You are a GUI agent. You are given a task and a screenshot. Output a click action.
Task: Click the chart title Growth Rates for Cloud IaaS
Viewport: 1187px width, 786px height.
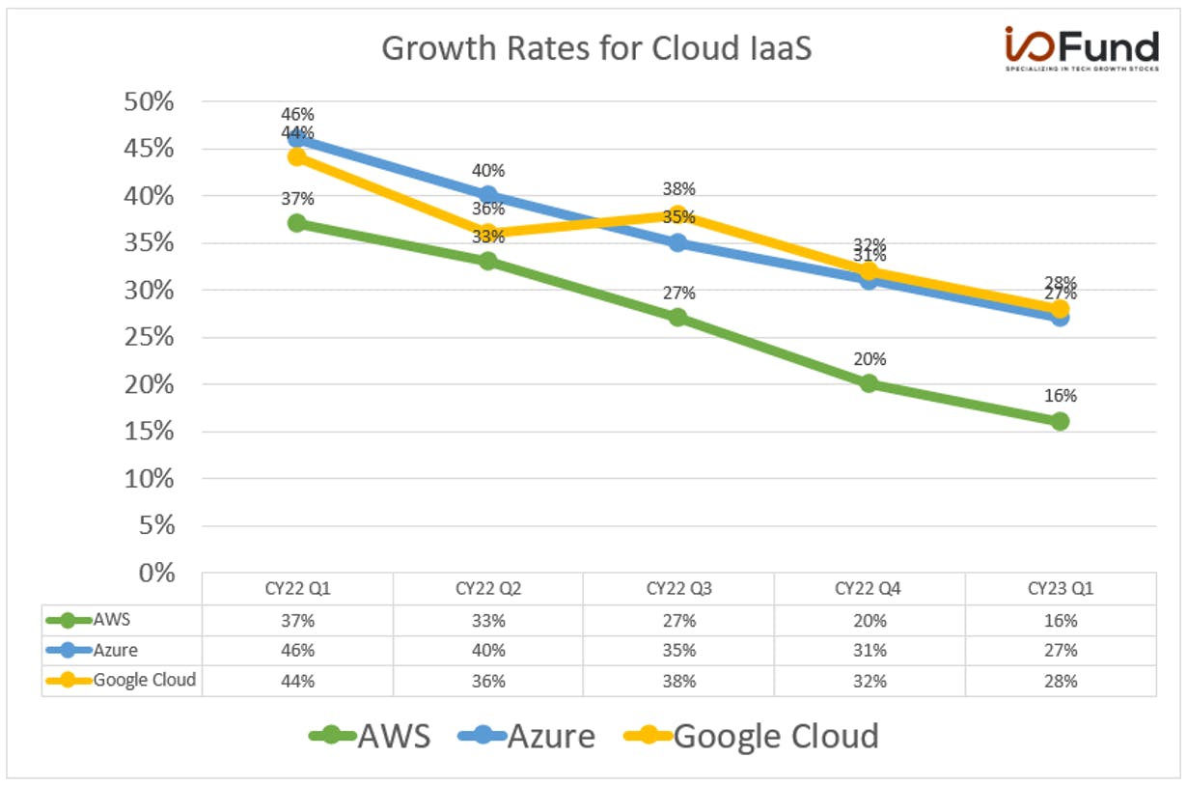pyautogui.click(x=596, y=48)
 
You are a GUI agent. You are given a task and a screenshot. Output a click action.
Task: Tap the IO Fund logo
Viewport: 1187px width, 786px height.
pyautogui.click(x=1082, y=48)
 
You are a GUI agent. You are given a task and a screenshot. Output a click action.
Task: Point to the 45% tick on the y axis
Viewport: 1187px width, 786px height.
pyautogui.click(x=149, y=148)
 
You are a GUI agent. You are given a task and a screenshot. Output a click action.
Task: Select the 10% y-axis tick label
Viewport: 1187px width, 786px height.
pyautogui.click(x=149, y=479)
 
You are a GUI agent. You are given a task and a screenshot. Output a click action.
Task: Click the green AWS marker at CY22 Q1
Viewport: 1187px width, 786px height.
pyautogui.click(x=297, y=223)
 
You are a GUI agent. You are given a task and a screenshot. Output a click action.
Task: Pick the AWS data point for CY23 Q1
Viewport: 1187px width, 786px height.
pyautogui.click(x=1060, y=422)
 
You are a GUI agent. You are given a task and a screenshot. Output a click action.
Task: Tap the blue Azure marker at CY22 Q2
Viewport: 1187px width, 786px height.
pyautogui.click(x=488, y=195)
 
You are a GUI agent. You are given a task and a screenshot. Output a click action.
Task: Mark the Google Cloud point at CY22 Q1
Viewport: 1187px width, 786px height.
pyautogui.click(x=297, y=157)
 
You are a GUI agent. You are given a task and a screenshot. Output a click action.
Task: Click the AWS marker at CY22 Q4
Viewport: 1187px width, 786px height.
pyautogui.click(x=870, y=383)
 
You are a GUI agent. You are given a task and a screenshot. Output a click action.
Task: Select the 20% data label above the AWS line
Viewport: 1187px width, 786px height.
pyautogui.click(x=870, y=359)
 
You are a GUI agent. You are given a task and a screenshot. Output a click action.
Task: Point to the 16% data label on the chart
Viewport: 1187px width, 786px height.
pyautogui.click(x=1061, y=396)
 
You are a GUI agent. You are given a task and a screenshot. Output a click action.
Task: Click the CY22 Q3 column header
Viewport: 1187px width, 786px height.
pyautogui.click(x=678, y=589)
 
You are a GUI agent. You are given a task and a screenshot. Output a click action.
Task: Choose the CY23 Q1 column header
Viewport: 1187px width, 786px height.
pyautogui.click(x=1061, y=589)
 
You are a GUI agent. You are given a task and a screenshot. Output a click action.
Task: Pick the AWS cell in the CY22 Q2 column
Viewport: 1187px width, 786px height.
pyautogui.click(x=488, y=621)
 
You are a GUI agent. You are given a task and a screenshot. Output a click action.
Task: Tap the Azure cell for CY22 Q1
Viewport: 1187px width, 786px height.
pyautogui.click(x=298, y=650)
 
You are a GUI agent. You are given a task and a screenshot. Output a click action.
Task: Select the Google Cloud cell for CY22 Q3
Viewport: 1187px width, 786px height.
pyautogui.click(x=679, y=681)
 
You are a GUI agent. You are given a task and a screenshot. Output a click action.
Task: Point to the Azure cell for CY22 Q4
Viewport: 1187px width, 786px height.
pyautogui.click(x=870, y=650)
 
